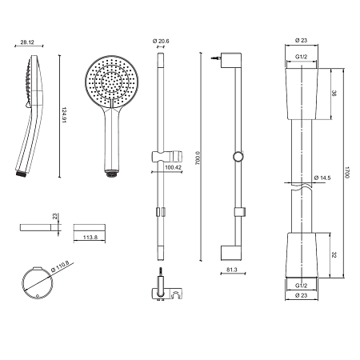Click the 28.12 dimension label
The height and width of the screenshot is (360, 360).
(x=27, y=42)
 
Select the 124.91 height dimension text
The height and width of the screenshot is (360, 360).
(x=64, y=115)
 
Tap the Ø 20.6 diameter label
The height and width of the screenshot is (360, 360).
(x=161, y=41)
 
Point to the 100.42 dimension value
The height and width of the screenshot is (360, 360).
(x=173, y=167)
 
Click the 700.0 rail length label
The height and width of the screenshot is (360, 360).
(x=198, y=158)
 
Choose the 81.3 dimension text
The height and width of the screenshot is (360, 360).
(x=232, y=270)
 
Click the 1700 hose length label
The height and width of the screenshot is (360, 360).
(x=347, y=173)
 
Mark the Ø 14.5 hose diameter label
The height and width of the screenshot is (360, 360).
(x=322, y=178)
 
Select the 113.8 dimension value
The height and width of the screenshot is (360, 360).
(x=90, y=237)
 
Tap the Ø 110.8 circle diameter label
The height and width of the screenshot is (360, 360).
(x=60, y=266)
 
